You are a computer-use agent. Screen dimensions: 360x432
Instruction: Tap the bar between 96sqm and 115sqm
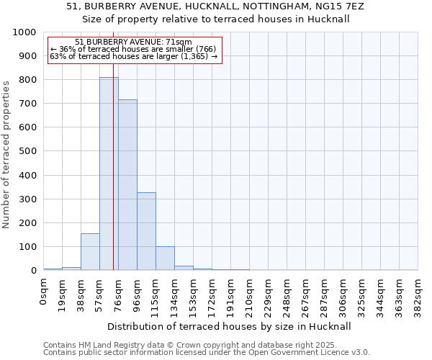click(146, 231)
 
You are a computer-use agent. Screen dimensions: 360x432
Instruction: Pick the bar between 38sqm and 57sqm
click(90, 252)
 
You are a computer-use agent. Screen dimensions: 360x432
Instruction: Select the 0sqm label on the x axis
click(44, 291)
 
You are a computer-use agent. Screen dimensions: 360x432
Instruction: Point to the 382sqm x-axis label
click(418, 295)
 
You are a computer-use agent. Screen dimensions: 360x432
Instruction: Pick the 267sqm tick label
click(306, 295)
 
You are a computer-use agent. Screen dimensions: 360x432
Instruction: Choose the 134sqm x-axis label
click(175, 295)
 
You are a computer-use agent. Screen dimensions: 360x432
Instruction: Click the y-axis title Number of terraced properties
click(7, 154)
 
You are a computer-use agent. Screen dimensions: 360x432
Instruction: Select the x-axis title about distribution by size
click(230, 326)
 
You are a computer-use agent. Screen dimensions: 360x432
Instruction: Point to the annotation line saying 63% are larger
click(133, 56)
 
